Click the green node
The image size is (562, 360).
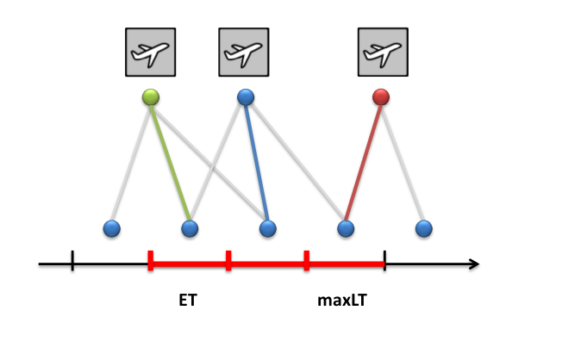click(x=151, y=97)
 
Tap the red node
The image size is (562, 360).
click(x=381, y=96)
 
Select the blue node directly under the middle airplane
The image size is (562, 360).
click(x=246, y=96)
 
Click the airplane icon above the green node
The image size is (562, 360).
click(x=151, y=52)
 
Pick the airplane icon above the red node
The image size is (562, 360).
click(x=383, y=52)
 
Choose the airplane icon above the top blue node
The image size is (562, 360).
click(x=244, y=52)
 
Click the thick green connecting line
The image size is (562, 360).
click(x=171, y=163)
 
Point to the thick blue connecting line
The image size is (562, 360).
click(x=257, y=163)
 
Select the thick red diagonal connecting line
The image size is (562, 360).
click(x=363, y=163)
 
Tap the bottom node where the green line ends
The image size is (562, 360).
click(x=190, y=228)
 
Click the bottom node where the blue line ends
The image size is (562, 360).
click(x=268, y=228)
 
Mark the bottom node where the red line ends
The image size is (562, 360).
click(x=346, y=228)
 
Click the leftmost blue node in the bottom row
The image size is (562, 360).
click(x=111, y=228)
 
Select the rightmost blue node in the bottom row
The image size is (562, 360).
click(x=423, y=228)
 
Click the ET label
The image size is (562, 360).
click(x=188, y=301)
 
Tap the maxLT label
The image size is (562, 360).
click(x=342, y=301)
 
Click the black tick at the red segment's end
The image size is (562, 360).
click(x=384, y=260)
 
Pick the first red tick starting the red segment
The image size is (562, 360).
click(x=151, y=260)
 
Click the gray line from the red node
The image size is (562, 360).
click(x=403, y=163)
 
